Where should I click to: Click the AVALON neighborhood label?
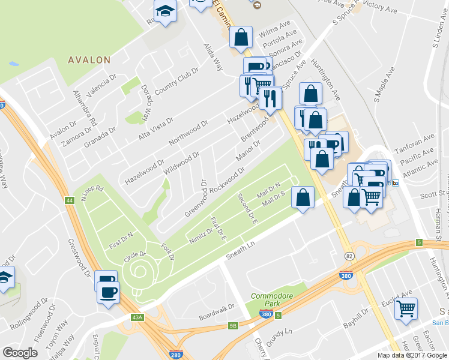tap(89, 60)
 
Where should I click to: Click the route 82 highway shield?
tap(348, 273)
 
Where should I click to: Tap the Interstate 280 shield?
tap(175, 355)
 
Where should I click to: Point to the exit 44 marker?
tap(70, 199)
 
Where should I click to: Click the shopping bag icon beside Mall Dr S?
tap(303, 197)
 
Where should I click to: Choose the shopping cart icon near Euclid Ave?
tap(407, 308)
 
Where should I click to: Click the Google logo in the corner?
tap(20, 353)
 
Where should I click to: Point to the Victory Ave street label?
tap(382, 8)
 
